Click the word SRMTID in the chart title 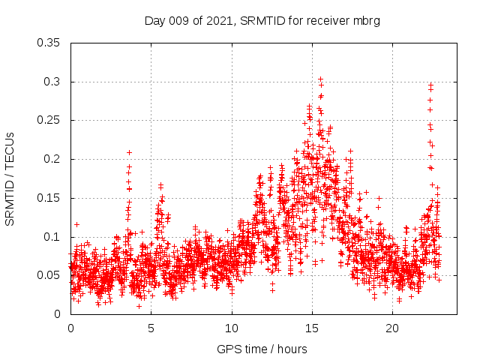(x=262, y=21)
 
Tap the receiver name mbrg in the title (x=367, y=21)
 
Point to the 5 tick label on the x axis (x=151, y=328)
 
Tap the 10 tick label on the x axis (x=232, y=328)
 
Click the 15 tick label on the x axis (x=312, y=328)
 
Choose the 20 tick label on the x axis (x=392, y=328)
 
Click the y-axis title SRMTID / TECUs (x=10, y=178)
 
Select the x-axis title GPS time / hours (x=262, y=349)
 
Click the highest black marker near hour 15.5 (x=320, y=79)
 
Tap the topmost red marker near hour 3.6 (x=129, y=152)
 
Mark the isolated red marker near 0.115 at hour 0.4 (x=76, y=224)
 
